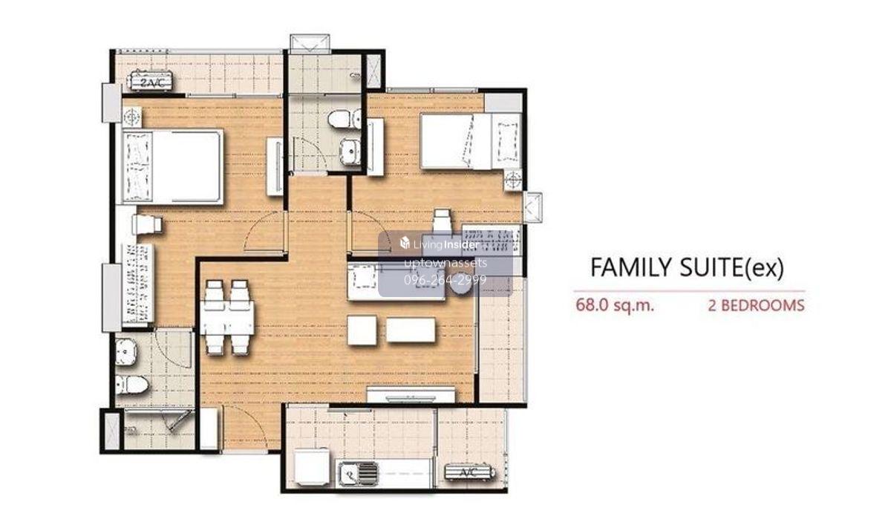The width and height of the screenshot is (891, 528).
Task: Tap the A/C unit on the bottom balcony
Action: [469, 473]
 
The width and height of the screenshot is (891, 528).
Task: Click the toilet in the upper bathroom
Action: [345, 119]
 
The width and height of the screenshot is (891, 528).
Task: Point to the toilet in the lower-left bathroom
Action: [131, 384]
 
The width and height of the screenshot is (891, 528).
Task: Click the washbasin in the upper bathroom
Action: [350, 151]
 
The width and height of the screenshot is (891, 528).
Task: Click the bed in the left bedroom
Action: [172, 166]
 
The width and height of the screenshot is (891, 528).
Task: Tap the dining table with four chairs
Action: [227, 317]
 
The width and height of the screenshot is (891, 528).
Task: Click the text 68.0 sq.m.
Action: [615, 305]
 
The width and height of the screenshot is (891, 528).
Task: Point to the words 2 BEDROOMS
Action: [756, 305]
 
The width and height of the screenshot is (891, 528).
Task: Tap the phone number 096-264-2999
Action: [445, 280]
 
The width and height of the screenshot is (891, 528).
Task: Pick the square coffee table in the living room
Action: [362, 330]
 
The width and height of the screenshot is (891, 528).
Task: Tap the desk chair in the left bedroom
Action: [147, 225]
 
